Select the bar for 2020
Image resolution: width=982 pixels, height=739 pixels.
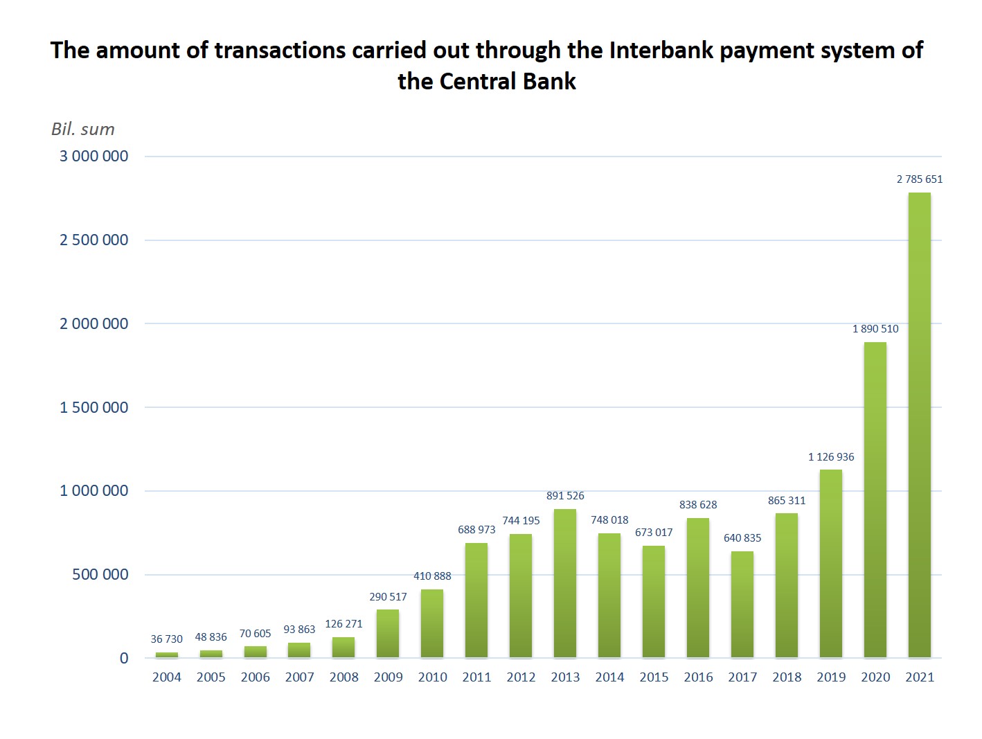coord(875,499)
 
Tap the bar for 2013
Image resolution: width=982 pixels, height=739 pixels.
coord(565,583)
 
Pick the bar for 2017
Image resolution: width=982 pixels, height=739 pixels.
coord(742,604)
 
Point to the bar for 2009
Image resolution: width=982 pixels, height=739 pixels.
coord(388,633)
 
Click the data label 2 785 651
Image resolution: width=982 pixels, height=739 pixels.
coord(920,179)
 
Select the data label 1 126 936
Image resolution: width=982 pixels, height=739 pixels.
coord(831,457)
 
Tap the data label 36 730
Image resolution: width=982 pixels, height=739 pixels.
coord(167,639)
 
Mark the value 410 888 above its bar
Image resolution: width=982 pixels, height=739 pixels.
coord(432,576)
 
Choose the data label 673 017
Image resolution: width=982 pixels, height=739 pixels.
coord(654,533)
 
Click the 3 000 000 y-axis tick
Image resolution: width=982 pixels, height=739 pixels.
coord(94,157)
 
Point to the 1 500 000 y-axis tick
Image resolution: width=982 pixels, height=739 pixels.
coord(94,407)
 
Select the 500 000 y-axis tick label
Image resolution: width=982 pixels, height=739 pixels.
coord(100,575)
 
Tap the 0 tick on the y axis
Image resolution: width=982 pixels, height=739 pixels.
coord(124,659)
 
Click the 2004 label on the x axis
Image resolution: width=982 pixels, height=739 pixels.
coord(167,677)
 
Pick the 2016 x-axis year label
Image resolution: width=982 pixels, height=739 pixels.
coord(698,677)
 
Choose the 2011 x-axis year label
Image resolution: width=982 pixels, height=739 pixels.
coord(476,677)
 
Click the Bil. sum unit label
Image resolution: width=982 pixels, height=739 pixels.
coord(83,130)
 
